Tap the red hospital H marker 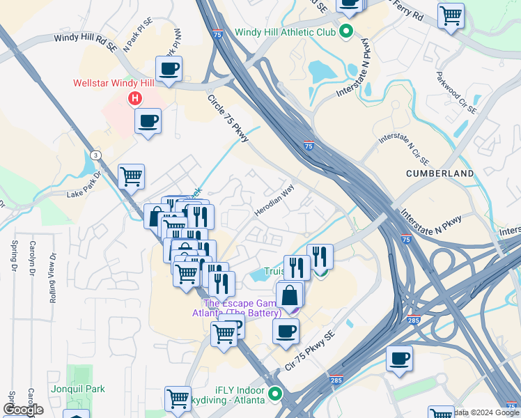133,99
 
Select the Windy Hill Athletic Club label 286,31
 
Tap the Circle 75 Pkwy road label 228,119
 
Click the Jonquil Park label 77,389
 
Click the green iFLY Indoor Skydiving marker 275,395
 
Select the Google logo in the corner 23,410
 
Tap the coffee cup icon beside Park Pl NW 169,69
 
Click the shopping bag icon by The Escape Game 289,295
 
